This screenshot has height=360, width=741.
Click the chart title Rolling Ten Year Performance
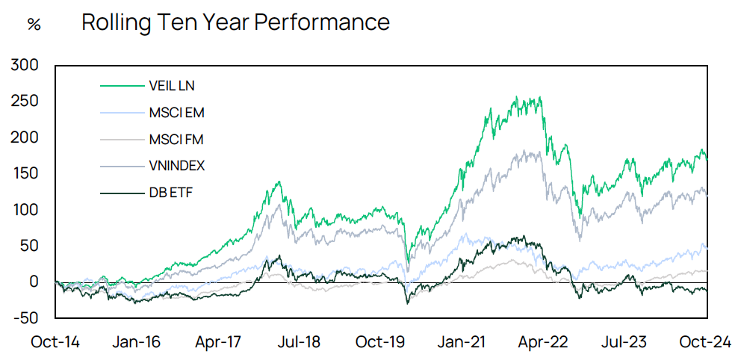pyautogui.click(x=235, y=22)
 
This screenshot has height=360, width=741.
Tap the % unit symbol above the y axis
pyautogui.click(x=34, y=24)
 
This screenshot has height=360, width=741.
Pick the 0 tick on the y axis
pyautogui.click(x=33, y=282)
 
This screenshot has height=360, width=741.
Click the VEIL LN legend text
pyautogui.click(x=172, y=86)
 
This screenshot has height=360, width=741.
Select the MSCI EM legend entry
pyautogui.click(x=177, y=114)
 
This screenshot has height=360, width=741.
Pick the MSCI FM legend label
pyautogui.click(x=177, y=140)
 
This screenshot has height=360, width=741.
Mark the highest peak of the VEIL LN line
pyautogui.click(x=538, y=96)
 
